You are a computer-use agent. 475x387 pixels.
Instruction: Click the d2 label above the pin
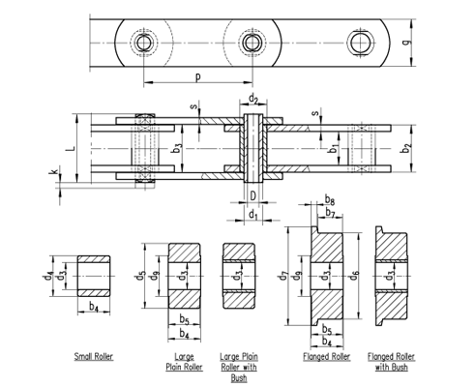tap(252, 98)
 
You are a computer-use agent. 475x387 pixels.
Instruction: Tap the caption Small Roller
tap(94, 357)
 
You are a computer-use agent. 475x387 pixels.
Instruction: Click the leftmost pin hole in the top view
tap(144, 44)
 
